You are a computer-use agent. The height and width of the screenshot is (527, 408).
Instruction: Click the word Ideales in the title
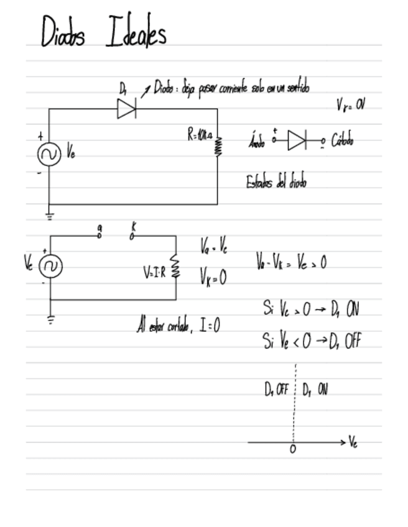click(x=136, y=32)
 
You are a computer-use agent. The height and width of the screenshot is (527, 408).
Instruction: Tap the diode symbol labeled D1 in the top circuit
click(x=126, y=109)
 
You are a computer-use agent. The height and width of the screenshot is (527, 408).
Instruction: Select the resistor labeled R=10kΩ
click(x=218, y=146)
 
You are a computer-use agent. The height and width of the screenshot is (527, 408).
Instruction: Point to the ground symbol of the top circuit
click(x=49, y=216)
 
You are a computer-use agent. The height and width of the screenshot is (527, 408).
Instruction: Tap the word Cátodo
click(x=342, y=140)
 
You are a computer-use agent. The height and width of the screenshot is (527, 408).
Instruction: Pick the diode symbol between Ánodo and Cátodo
click(x=297, y=140)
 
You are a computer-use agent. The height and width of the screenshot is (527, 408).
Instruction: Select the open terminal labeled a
click(x=100, y=236)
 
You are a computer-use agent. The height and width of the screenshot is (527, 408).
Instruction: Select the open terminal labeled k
click(x=132, y=236)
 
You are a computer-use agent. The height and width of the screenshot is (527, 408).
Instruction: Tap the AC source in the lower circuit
click(x=50, y=267)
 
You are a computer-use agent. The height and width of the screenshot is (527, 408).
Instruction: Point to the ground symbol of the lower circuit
click(x=50, y=319)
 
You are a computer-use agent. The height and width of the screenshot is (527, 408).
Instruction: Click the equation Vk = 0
click(x=213, y=277)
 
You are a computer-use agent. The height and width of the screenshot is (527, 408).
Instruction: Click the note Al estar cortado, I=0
click(x=178, y=325)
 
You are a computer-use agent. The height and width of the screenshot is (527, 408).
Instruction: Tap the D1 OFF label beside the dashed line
click(x=276, y=390)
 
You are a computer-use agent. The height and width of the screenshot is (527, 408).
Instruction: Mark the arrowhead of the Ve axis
click(x=342, y=442)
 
